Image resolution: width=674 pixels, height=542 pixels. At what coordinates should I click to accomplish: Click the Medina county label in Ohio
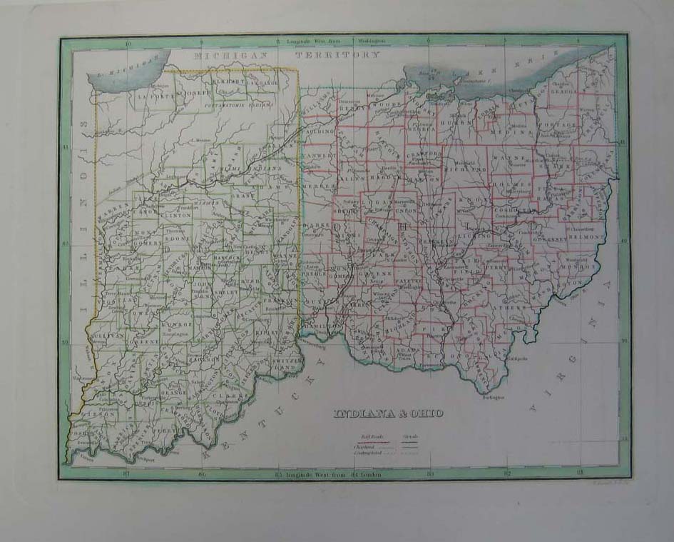[520, 131]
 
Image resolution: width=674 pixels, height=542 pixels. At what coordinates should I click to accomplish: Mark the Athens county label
[512, 308]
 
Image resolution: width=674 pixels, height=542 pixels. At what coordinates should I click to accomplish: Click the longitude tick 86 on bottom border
[203, 473]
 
